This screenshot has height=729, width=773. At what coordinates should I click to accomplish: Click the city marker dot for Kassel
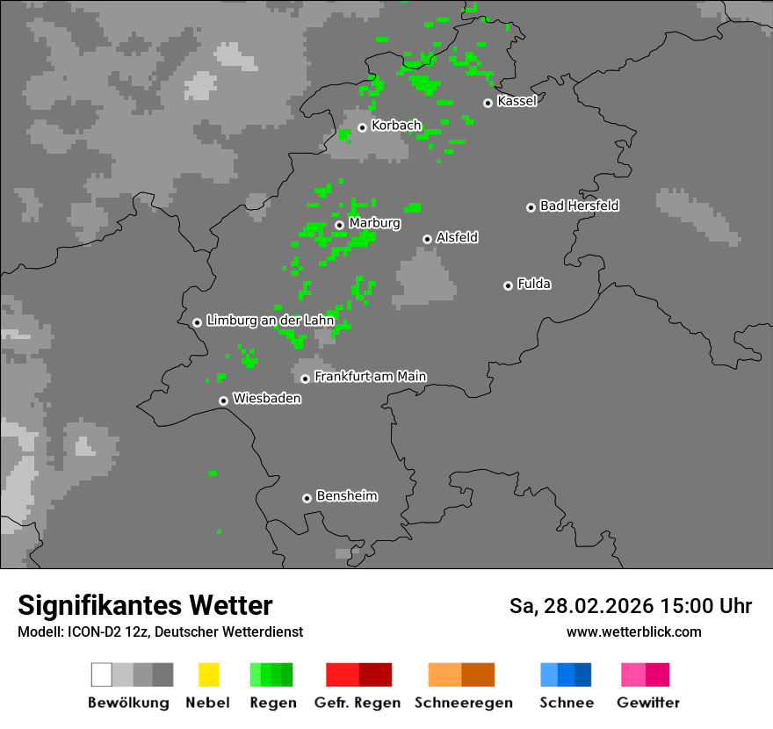[x=488, y=103]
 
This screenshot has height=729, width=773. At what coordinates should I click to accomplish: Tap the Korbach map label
[x=396, y=126]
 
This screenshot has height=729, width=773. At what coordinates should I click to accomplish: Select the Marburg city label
[x=374, y=223]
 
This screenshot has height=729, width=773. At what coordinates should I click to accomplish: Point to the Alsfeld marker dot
[x=427, y=239]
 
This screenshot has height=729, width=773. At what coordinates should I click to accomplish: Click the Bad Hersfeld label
[x=579, y=206]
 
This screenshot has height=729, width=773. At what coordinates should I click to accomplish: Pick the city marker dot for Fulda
[x=508, y=285]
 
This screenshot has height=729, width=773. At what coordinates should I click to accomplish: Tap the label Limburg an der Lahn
[x=271, y=321]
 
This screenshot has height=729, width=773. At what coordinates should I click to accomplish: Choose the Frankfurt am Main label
[x=370, y=376]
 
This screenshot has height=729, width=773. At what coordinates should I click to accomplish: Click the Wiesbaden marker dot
[x=223, y=401]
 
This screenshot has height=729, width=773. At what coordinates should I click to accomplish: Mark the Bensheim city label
[x=346, y=495]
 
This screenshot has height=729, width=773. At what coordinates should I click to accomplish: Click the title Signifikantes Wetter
[x=145, y=605]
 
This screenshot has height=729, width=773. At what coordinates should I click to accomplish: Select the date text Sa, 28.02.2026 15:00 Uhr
[x=630, y=606]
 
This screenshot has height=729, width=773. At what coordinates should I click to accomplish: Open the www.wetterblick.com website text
[x=633, y=632]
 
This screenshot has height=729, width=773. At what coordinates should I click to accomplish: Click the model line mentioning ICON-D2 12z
[x=160, y=632]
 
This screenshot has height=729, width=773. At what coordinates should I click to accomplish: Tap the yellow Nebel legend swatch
[x=208, y=675]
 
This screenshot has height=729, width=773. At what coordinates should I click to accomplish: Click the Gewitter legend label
[x=647, y=703]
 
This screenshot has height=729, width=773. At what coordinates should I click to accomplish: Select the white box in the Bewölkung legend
[x=102, y=675]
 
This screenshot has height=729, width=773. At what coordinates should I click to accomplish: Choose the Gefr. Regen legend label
[x=357, y=703]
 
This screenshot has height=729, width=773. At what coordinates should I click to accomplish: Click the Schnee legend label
[x=567, y=703]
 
